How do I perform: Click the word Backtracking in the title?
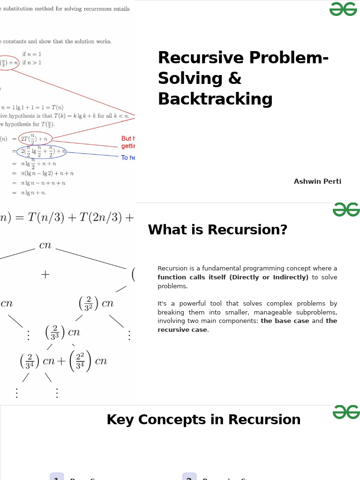pyautogui.click(x=215, y=99)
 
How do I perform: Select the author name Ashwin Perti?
pyautogui.click(x=317, y=181)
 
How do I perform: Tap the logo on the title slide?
pyautogui.click(x=343, y=9)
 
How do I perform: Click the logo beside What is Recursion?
pyautogui.click(x=346, y=210)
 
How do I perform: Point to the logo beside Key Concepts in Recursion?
pyautogui.click(x=346, y=412)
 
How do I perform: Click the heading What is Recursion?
pyautogui.click(x=217, y=230)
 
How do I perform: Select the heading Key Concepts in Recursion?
pyautogui.click(x=203, y=420)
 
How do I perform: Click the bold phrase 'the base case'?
pyautogui.click(x=285, y=321)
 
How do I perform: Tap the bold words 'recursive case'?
pyautogui.click(x=182, y=330)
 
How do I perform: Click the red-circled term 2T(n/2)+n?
pyautogui.click(x=35, y=138)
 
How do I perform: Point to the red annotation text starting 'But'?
pyautogui.click(x=127, y=139)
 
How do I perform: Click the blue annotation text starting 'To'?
pyautogui.click(x=127, y=158)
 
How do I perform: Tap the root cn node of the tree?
pyautogui.click(x=45, y=245)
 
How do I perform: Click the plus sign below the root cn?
pyautogui.click(x=45, y=275)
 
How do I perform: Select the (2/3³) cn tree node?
pyautogui.click(x=63, y=332)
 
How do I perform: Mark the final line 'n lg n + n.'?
pyautogui.click(x=33, y=193)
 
